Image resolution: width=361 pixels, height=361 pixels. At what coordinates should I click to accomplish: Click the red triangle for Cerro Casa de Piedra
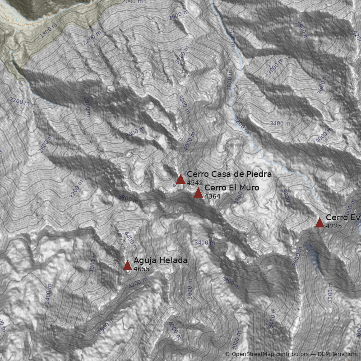pos(180,179)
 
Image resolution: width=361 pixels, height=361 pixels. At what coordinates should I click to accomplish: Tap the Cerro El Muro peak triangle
pos(198,193)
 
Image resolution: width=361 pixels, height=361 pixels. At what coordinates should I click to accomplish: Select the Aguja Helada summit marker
pos(127,265)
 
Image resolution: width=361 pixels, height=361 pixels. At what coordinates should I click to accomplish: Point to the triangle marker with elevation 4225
pos(319,222)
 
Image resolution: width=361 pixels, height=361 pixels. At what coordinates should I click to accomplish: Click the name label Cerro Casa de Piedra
pos(229,174)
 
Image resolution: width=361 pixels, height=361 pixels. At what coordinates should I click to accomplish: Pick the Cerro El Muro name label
pos(231,188)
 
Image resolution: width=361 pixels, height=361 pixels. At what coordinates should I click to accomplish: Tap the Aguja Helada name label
pos(160,260)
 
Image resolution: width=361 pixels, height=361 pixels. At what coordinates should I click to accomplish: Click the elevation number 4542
pos(194,183)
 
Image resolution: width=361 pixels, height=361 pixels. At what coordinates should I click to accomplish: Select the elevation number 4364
pos(212,197)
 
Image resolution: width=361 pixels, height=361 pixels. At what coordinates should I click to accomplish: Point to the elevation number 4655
pos(141,269)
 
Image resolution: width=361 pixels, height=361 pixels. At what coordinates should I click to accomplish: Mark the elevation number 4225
pos(333,226)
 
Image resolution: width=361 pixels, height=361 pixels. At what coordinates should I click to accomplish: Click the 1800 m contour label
pos(49,29)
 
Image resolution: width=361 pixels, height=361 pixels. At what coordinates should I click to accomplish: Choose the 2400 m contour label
pos(232,37)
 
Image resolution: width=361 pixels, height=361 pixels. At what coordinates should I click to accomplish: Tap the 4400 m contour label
pos(130,240)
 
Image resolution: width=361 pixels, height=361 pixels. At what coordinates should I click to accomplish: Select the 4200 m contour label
pos(138,282)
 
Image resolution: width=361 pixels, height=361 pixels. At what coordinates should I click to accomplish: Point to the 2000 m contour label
pos(132,2)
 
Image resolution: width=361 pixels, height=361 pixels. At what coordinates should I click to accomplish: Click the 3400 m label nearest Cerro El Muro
pos(204,243)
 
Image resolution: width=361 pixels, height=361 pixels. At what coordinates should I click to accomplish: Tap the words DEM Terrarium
pos(337,354)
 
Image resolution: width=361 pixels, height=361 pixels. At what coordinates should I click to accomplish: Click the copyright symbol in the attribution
pos(227,354)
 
